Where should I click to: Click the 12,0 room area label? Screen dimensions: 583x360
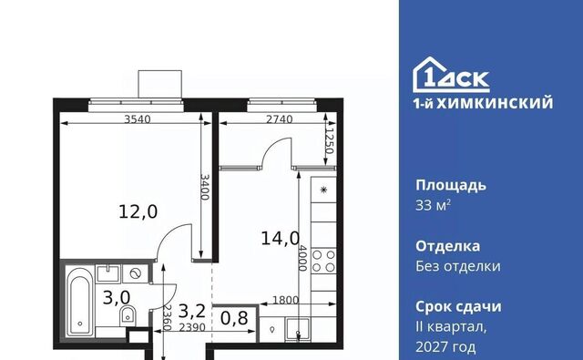pyautogui.click(x=138, y=211)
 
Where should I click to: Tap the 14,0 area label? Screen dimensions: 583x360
pyautogui.click(x=280, y=238)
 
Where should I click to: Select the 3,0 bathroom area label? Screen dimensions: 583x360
pyautogui.click(x=117, y=297)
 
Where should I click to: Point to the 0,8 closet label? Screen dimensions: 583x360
pyautogui.click(x=234, y=318)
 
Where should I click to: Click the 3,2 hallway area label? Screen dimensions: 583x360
pyautogui.click(x=192, y=311)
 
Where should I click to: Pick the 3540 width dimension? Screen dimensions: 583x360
pyautogui.click(x=138, y=119)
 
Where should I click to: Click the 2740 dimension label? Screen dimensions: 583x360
pyautogui.click(x=280, y=119)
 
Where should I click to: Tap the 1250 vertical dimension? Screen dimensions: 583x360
pyautogui.click(x=329, y=141)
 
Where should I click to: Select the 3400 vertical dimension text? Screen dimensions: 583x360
pyautogui.click(x=205, y=187)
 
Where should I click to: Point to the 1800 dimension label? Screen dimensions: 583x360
pyautogui.click(x=285, y=300)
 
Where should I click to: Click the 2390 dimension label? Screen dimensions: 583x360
pyautogui.click(x=192, y=327)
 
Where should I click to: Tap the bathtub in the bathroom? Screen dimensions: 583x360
pyautogui.click(x=79, y=301)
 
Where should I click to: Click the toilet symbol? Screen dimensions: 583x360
pyautogui.click(x=128, y=316)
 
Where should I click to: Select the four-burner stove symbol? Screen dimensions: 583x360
pyautogui.click(x=323, y=261)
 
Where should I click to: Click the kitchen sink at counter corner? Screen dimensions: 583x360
pyautogui.click(x=297, y=329)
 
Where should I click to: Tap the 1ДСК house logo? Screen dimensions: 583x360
pyautogui.click(x=451, y=75)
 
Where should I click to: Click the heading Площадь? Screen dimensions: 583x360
pyautogui.click(x=451, y=186)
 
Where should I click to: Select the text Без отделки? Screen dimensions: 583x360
pyautogui.click(x=458, y=266)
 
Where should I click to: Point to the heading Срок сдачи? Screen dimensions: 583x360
pyautogui.click(x=458, y=307)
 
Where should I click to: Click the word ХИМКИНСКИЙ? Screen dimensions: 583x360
pyautogui.click(x=495, y=103)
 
